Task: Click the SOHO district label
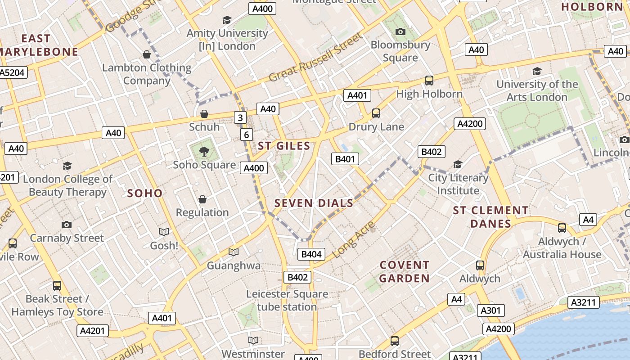pyautogui.click(x=144, y=193)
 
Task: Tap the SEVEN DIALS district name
pyautogui.click(x=314, y=203)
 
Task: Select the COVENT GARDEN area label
pyautogui.click(x=404, y=271)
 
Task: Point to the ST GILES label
pyautogui.click(x=284, y=146)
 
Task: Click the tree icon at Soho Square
pyautogui.click(x=204, y=151)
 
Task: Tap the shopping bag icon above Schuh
pyautogui.click(x=204, y=113)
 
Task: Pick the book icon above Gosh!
pyautogui.click(x=164, y=232)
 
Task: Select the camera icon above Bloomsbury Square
pyautogui.click(x=400, y=31)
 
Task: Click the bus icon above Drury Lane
pyautogui.click(x=376, y=113)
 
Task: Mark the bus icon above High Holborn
pyautogui.click(x=429, y=81)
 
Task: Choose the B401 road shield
pyautogui.click(x=345, y=158)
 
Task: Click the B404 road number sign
pyautogui.click(x=311, y=254)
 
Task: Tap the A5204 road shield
pyautogui.click(x=13, y=72)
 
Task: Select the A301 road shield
pyautogui.click(x=490, y=310)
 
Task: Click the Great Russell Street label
pyautogui.click(x=315, y=57)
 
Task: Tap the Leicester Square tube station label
pyautogui.click(x=287, y=300)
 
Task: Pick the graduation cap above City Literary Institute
pyautogui.click(x=458, y=164)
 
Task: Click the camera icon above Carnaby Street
pyautogui.click(x=67, y=225)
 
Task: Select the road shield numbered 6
pyautogui.click(x=246, y=135)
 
